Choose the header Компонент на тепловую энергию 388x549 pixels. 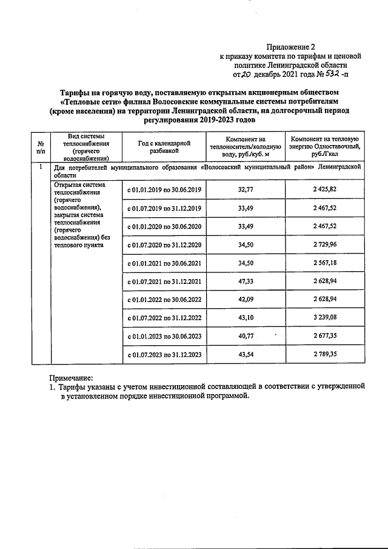tap(327, 147)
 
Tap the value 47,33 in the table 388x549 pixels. tap(246, 281)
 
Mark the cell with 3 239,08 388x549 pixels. tap(327, 317)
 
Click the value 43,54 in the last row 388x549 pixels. tap(246, 354)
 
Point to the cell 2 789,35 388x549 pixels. tap(327, 354)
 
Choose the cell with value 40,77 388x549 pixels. tap(246, 335)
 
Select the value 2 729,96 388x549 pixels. tap(327, 245)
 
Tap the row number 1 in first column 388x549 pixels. tap(40, 166)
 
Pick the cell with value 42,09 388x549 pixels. tap(246, 299)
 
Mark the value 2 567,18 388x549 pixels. tap(327, 263)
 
